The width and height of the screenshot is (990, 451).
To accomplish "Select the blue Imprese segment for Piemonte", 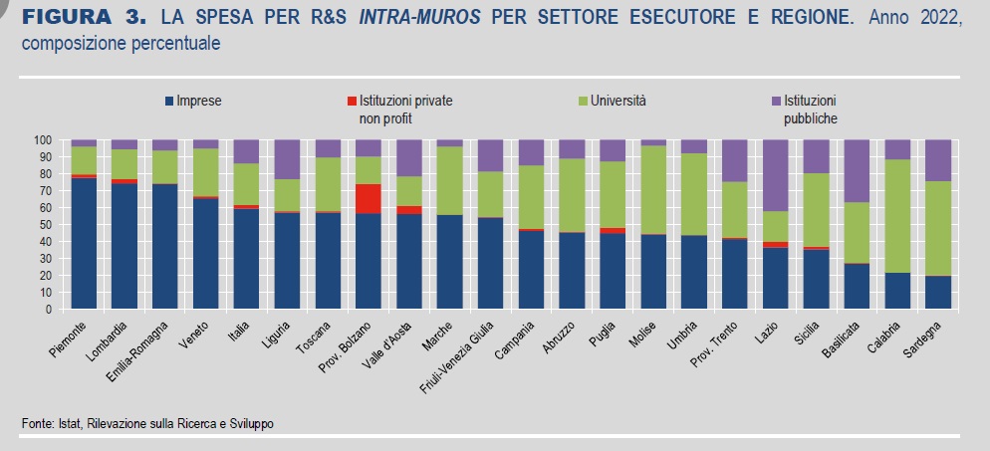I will click(x=84, y=243).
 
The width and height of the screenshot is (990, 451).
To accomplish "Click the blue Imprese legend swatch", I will click(x=170, y=101).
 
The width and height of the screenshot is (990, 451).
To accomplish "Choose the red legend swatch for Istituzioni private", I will click(x=351, y=101).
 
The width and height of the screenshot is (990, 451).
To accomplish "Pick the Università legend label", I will click(x=618, y=101).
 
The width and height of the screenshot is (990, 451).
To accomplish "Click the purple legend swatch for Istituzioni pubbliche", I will click(x=775, y=101).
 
